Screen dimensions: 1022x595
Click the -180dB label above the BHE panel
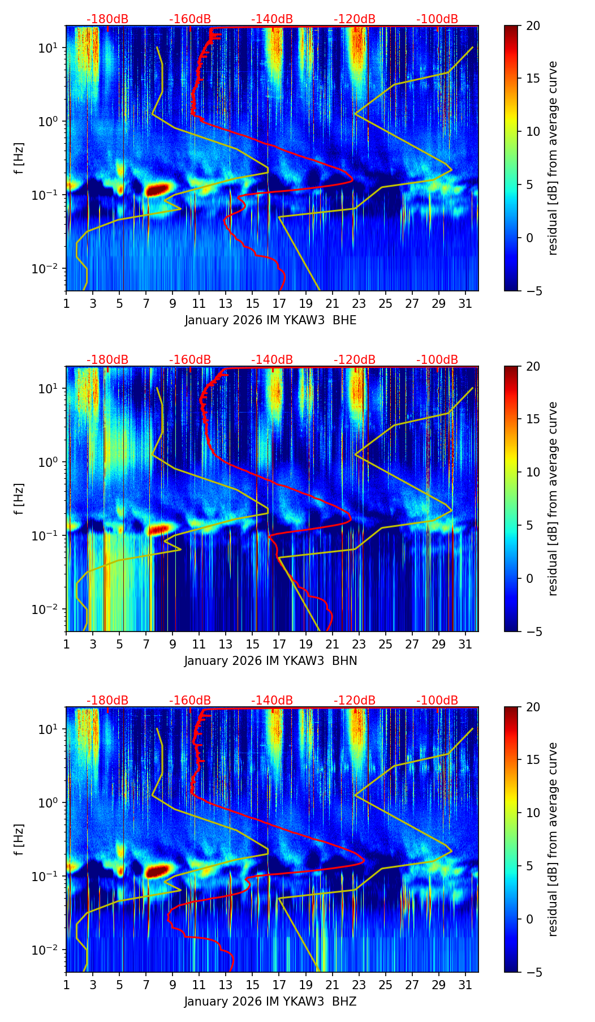[107, 19]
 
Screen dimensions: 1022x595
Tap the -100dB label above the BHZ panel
[437, 701]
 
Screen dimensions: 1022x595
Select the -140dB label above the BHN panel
[272, 360]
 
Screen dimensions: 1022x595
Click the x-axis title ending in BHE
[270, 320]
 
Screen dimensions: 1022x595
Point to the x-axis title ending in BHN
[270, 661]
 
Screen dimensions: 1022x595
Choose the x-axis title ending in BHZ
[270, 1002]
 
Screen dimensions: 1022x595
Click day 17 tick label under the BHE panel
[279, 303]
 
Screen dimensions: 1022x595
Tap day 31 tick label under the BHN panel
[465, 644]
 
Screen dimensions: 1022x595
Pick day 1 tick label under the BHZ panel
[66, 985]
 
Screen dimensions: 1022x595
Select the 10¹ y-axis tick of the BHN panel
[49, 389]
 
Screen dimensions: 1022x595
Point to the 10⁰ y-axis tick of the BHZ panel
[49, 803]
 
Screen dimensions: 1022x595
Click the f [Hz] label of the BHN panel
[20, 499]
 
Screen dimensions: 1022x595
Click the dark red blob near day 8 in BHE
[158, 189]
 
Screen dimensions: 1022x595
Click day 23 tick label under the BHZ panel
[359, 985]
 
